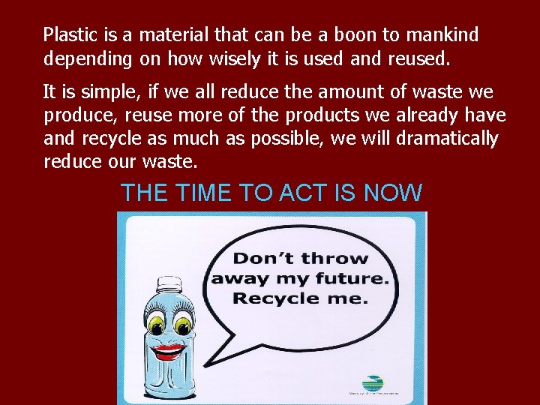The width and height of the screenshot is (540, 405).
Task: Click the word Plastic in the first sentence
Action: (67, 35)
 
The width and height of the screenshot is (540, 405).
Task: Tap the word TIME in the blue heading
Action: (204, 193)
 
